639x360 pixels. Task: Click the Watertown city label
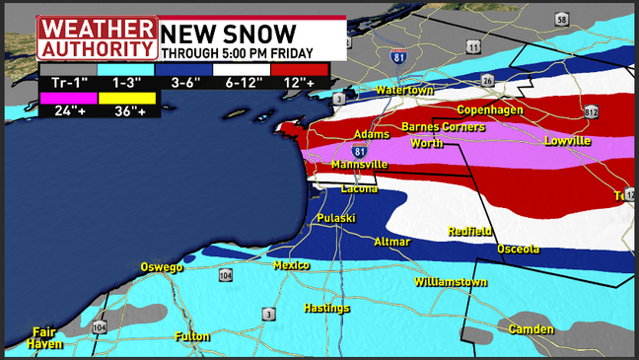pyautogui.click(x=404, y=91)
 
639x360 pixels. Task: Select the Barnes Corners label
pyautogui.click(x=443, y=127)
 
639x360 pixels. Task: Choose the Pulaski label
pyautogui.click(x=336, y=217)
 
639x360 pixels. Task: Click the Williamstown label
pyautogui.click(x=451, y=282)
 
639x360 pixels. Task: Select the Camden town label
pyautogui.click(x=532, y=328)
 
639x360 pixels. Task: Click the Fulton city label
pyautogui.click(x=192, y=336)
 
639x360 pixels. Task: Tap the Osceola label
pyautogui.click(x=518, y=249)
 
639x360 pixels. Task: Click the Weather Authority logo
pyautogui.click(x=97, y=37)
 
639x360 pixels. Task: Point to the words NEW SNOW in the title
pyautogui.click(x=228, y=31)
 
